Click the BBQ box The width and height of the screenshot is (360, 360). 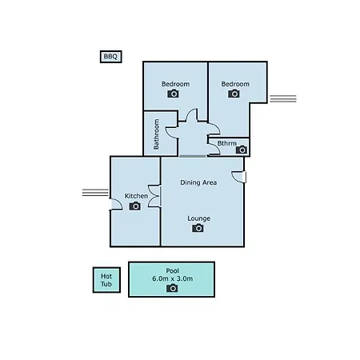[111, 57]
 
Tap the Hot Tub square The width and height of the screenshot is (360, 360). [106, 280]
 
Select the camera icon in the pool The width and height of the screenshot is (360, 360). [172, 288]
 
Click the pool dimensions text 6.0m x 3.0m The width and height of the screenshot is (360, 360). [172, 278]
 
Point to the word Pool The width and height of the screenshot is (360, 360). [172, 270]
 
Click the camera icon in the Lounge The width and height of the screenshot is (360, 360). [198, 228]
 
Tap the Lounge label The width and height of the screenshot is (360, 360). [199, 218]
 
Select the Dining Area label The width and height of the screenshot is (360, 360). [198, 182]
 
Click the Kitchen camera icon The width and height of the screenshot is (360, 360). [135, 206]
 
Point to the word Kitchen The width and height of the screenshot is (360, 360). [136, 196]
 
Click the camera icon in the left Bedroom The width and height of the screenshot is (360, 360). [174, 94]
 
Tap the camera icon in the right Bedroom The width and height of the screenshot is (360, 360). [234, 94]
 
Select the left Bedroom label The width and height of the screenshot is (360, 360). [175, 84]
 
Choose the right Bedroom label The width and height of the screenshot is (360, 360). [235, 84]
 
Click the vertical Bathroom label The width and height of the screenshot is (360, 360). [156, 134]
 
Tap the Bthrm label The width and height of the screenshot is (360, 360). [227, 143]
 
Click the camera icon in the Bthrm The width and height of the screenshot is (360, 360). [242, 150]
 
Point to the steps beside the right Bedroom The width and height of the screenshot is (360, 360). [283, 98]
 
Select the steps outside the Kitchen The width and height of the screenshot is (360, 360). [95, 192]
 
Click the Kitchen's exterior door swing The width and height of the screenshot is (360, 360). [116, 204]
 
